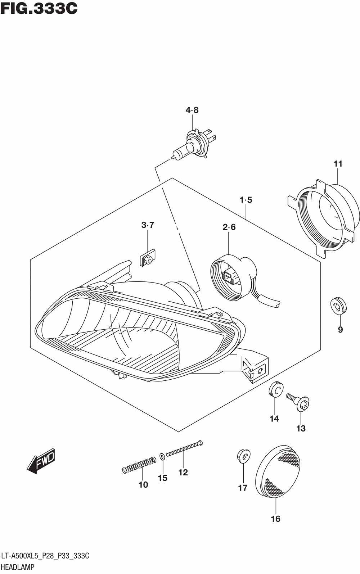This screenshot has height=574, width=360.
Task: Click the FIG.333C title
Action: [39, 9]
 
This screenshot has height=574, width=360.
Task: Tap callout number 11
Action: [338, 164]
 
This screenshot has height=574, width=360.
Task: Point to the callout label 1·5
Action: [246, 200]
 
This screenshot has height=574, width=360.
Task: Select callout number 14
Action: [274, 419]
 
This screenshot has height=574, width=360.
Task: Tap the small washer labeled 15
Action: [162, 457]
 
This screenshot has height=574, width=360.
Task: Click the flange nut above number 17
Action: [243, 456]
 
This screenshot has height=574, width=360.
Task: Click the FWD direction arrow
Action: [41, 460]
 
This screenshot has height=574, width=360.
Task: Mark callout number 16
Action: [275, 519]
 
